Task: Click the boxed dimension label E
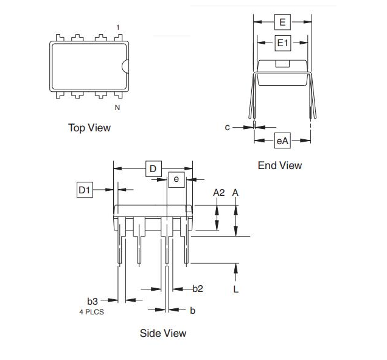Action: click(x=282, y=22)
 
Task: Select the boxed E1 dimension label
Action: click(x=283, y=43)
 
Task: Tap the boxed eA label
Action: click(x=282, y=141)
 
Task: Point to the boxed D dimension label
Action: click(x=153, y=168)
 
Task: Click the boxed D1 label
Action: click(x=85, y=190)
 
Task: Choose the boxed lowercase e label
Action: click(x=176, y=179)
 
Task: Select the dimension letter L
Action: click(x=236, y=289)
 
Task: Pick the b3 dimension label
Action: click(x=92, y=300)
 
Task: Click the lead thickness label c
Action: click(x=227, y=127)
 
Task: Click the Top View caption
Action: click(x=89, y=128)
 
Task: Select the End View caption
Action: click(x=279, y=165)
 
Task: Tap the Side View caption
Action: click(x=163, y=333)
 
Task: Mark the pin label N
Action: click(x=117, y=108)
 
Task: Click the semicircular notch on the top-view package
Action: click(x=125, y=67)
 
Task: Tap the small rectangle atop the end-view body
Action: click(x=283, y=63)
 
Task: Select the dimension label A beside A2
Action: click(x=236, y=192)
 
